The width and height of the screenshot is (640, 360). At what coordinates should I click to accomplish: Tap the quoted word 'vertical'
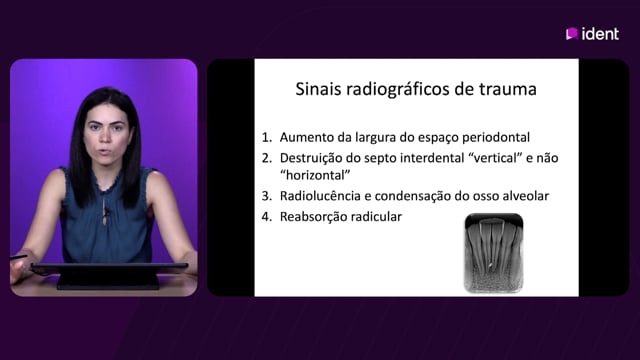[x=495, y=158]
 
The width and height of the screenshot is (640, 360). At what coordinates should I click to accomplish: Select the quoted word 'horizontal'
[x=315, y=176]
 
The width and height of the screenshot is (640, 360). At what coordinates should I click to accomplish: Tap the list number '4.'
[x=267, y=217]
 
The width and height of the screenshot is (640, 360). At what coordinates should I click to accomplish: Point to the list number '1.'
[x=267, y=138]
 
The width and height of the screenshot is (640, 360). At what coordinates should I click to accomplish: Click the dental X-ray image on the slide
[x=493, y=253]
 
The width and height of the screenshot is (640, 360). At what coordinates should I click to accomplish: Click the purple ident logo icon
[x=571, y=34]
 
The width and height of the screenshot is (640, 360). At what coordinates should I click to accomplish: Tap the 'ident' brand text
[x=600, y=34]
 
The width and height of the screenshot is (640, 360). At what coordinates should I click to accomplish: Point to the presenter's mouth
[x=106, y=152]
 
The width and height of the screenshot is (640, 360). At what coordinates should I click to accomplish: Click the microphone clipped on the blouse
[x=106, y=212]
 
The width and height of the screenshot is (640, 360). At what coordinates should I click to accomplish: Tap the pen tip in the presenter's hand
[x=11, y=258]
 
